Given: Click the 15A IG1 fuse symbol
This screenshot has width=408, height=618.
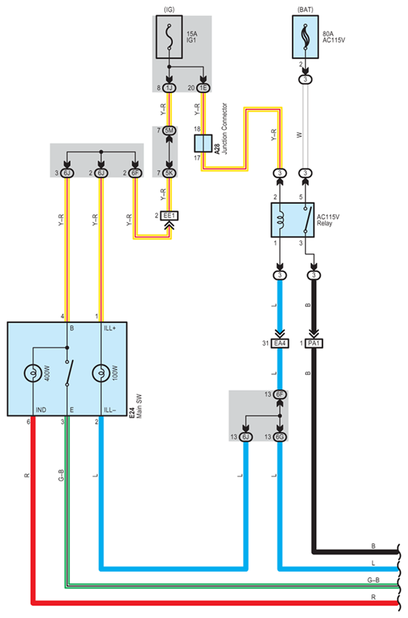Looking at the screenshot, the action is [x=169, y=37].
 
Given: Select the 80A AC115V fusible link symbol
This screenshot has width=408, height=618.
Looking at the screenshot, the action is [x=305, y=37].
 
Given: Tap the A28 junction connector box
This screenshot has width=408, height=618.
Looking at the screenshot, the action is [x=203, y=143].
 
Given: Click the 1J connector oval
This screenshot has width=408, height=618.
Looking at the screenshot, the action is [x=169, y=88].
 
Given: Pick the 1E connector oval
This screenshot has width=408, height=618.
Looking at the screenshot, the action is [x=203, y=88].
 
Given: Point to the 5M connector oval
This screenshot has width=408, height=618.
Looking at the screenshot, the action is [x=169, y=130].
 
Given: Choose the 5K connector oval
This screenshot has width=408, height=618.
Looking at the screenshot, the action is [x=169, y=172].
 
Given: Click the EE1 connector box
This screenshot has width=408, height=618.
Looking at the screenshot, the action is [x=169, y=216].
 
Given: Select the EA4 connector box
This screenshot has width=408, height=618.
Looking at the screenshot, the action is [x=280, y=343].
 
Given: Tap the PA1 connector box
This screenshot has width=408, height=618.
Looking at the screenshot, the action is [x=314, y=343].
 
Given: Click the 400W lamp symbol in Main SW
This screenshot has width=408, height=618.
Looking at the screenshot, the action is [x=33, y=373].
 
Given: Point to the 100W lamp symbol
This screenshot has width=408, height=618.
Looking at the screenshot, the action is [x=101, y=373].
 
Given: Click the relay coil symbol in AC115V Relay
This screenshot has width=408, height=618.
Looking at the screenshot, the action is [x=280, y=219].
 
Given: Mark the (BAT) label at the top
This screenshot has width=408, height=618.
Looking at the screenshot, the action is [x=306, y=9].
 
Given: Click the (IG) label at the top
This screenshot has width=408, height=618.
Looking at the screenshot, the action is [x=169, y=9].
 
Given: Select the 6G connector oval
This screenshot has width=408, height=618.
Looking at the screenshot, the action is [x=280, y=436].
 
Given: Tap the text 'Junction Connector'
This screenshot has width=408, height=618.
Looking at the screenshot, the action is [x=224, y=129].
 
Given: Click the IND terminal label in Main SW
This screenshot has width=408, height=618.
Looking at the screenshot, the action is [x=41, y=410].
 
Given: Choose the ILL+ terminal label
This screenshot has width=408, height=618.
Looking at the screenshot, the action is [x=110, y=328].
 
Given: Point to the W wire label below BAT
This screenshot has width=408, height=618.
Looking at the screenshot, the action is [x=300, y=135].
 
